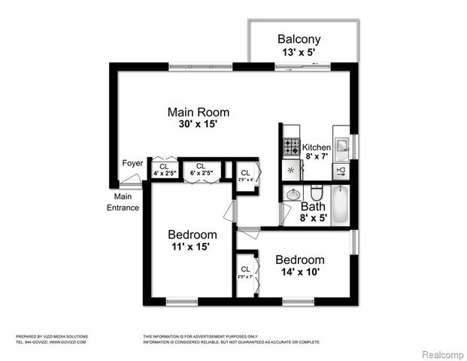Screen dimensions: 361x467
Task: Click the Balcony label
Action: click(299, 39)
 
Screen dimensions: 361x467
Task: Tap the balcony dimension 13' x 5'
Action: click(299, 52)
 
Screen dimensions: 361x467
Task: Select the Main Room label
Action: click(198, 112)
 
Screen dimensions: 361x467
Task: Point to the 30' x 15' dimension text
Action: click(198, 125)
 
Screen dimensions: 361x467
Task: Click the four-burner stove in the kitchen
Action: click(291, 147)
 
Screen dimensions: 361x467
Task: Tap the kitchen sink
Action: click(341, 145)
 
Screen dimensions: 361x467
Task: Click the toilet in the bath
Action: click(317, 192)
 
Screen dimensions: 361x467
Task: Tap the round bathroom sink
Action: click(293, 194)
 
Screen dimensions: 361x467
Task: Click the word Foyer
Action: click(132, 163)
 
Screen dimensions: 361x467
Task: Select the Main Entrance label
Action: click(121, 202)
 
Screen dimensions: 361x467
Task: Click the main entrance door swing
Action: click(132, 180)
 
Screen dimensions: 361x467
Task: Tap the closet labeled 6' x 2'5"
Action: click(200, 169)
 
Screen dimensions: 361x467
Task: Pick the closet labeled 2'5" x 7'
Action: click(246, 272)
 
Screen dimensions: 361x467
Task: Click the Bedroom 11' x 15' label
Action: click(192, 240)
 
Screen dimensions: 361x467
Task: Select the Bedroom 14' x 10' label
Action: click(299, 265)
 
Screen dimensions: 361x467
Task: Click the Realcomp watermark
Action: click(441, 354)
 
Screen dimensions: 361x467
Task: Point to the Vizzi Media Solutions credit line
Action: click(52, 336)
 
